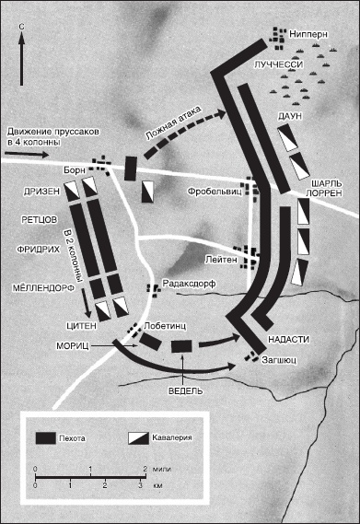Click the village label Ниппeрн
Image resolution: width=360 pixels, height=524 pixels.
point(308,34)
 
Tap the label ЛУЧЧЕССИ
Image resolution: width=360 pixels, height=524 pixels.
point(278,64)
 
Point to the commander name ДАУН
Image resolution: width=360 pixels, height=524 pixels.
point(289,116)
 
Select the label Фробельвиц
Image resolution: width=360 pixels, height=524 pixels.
point(215,192)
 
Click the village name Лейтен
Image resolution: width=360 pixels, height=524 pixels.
point(221,260)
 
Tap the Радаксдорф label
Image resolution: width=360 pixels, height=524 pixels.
point(189,284)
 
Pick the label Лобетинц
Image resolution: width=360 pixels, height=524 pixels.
point(165,326)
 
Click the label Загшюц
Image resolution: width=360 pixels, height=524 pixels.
point(279,360)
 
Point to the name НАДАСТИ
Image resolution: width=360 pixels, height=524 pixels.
point(288,340)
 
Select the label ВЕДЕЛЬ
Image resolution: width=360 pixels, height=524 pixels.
point(185,391)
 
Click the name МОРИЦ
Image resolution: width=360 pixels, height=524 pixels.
point(73,346)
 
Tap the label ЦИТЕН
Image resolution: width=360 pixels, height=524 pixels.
point(81,326)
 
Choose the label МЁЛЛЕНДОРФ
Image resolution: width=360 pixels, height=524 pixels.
point(43,288)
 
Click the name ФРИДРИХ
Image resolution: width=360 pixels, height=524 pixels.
point(39,250)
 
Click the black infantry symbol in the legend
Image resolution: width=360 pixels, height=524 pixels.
point(46,437)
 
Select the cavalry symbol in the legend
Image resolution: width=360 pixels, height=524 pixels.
point(138,438)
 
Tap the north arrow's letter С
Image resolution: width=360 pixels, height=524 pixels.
point(22,27)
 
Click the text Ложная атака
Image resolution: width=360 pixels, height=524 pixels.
point(174,123)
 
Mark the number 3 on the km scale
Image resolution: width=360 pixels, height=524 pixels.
point(140,485)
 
